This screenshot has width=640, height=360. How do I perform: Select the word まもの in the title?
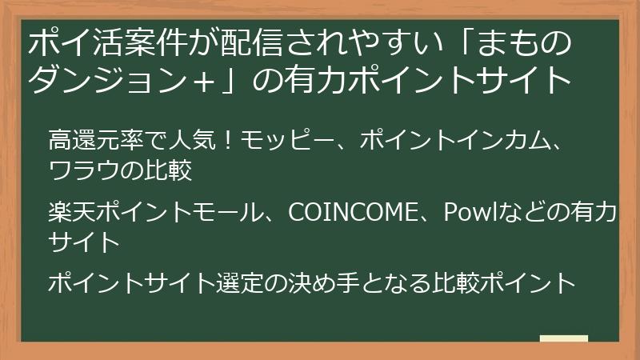click(527, 41)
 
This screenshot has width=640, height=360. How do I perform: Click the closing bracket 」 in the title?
click(239, 79)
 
